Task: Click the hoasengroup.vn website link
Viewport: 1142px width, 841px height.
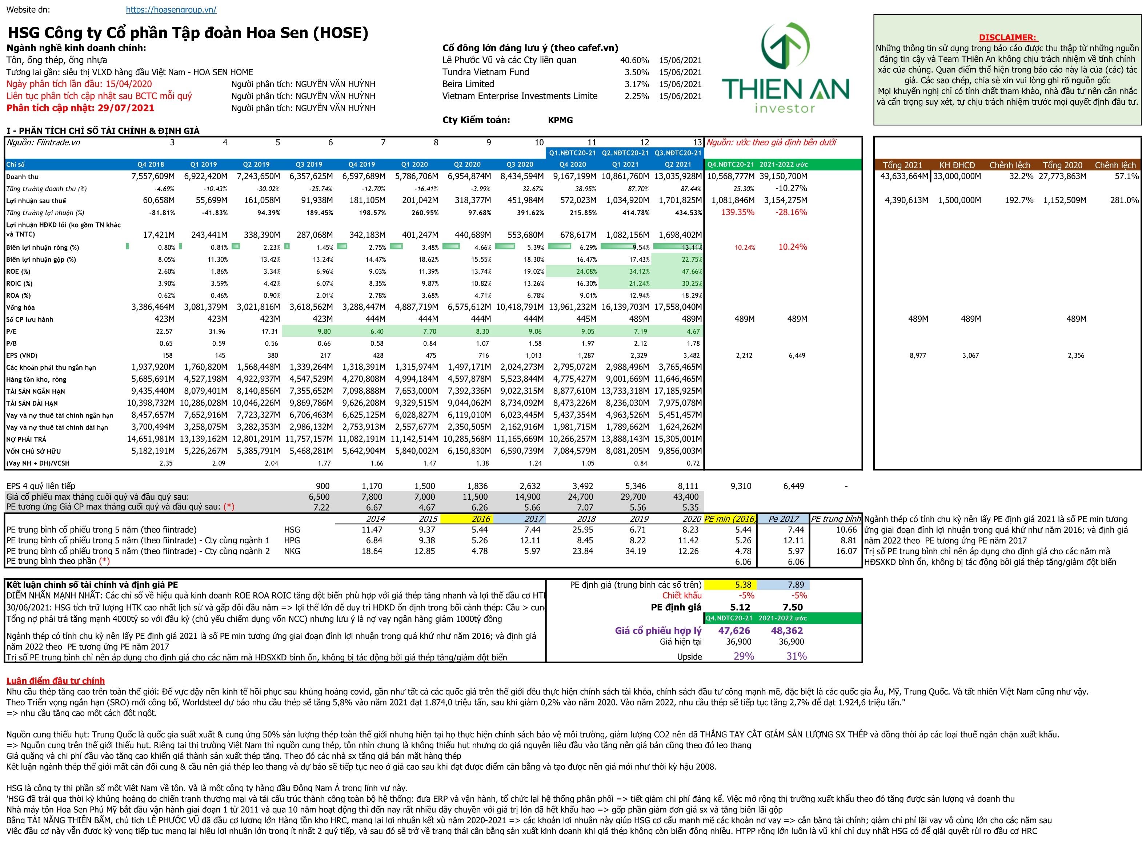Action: pyautogui.click(x=171, y=10)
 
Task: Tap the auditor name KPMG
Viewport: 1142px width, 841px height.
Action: pyautogui.click(x=560, y=120)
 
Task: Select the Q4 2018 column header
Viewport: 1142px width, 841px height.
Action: pyautogui.click(x=151, y=164)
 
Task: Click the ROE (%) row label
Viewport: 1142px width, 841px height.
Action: pyautogui.click(x=18, y=272)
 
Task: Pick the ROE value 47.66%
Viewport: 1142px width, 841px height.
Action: pyautogui.click(x=692, y=272)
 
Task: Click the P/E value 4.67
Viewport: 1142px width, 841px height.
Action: pyautogui.click(x=693, y=331)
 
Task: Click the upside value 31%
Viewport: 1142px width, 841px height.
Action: pyautogui.click(x=796, y=656)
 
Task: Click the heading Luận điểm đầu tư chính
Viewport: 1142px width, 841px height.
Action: pyautogui.click(x=56, y=681)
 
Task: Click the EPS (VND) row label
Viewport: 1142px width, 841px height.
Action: pyautogui.click(x=22, y=355)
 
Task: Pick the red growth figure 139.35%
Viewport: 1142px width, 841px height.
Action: pyautogui.click(x=737, y=212)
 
